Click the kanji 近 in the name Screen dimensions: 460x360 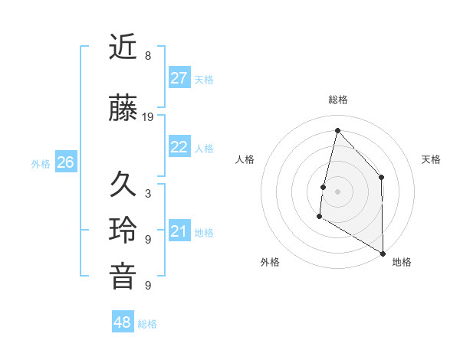click(x=123, y=47)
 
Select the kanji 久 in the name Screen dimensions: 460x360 click(x=123, y=185)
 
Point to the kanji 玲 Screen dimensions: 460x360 click(x=123, y=231)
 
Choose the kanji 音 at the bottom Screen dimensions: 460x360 click(x=123, y=277)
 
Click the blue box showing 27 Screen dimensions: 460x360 click(x=179, y=78)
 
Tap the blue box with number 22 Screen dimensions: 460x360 click(x=179, y=147)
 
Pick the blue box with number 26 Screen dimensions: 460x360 click(x=66, y=162)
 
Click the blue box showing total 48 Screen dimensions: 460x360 click(x=123, y=322)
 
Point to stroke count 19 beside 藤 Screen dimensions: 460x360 click(x=148, y=117)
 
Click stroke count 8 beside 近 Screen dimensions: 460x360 click(x=148, y=56)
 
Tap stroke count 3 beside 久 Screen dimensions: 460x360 click(x=148, y=194)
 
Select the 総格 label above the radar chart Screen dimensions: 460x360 click(x=337, y=100)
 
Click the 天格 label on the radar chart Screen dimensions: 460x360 click(x=431, y=159)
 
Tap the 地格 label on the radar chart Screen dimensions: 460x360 click(x=402, y=262)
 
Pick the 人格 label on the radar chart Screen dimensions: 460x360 click(x=245, y=159)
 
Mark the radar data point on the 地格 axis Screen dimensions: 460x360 click(x=383, y=254)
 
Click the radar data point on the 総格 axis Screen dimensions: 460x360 click(x=337, y=130)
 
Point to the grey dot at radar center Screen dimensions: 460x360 click(x=337, y=191)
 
